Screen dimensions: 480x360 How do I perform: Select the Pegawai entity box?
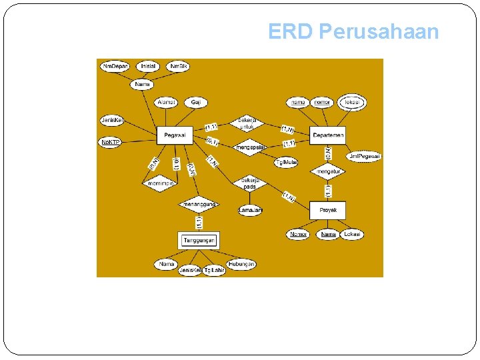coord(175,135)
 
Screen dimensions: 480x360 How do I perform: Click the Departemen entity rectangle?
coord(329,135)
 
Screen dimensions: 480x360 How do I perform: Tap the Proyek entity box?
coord(328,210)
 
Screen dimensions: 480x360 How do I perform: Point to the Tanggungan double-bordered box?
coord(199,240)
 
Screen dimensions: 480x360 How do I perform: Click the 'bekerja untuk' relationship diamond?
coord(247,123)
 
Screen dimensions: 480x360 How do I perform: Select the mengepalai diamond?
coord(250,147)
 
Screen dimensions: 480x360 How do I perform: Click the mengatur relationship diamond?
coord(328,171)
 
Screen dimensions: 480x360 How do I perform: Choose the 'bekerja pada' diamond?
coord(250,183)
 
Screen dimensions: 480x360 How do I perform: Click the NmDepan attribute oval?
coord(115,67)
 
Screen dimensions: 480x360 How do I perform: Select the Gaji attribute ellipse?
coord(196,102)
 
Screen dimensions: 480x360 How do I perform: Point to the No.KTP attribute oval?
coord(110,143)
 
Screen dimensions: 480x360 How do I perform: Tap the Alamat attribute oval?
coord(165,102)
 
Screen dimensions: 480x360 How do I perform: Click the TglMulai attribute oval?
coord(287,162)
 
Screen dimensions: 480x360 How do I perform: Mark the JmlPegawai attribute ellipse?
coord(364,156)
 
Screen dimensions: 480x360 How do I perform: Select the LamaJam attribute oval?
coord(251,210)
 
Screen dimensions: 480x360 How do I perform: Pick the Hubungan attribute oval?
coord(241,264)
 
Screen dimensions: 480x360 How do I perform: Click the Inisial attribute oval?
coord(148,67)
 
